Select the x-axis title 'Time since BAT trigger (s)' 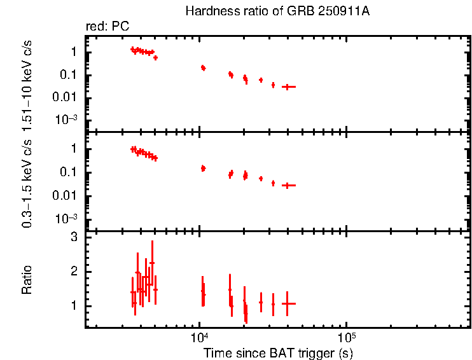(x=278, y=352)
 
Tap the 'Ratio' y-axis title (x=27, y=280)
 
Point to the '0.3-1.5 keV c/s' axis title (x=27, y=182)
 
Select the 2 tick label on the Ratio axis (x=74, y=272)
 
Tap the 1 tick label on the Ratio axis (x=74, y=306)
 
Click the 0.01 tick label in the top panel (x=67, y=97)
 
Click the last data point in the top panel (x=288, y=87)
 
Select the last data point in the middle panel (x=288, y=185)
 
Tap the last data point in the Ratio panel (x=288, y=304)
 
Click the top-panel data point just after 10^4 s (x=203, y=67)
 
